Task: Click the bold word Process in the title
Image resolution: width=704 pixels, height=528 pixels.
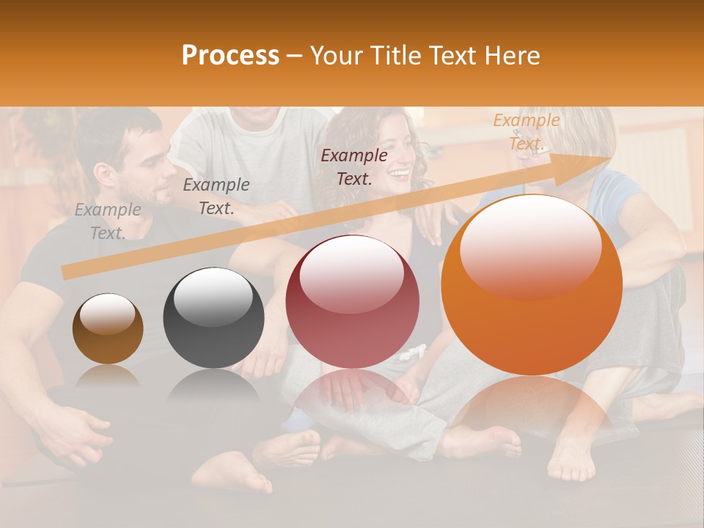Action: [230, 56]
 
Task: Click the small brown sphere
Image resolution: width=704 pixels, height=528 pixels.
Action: [108, 329]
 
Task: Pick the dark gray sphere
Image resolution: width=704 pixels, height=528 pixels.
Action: [213, 318]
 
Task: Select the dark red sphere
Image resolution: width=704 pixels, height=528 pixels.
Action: [352, 301]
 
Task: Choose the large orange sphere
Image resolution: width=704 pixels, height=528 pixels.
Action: [531, 285]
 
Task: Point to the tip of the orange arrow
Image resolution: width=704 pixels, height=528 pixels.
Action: [609, 158]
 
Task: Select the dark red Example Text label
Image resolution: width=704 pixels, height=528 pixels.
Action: [354, 166]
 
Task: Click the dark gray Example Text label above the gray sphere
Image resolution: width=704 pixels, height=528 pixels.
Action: [216, 197]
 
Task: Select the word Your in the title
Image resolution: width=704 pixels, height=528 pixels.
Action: [334, 56]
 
